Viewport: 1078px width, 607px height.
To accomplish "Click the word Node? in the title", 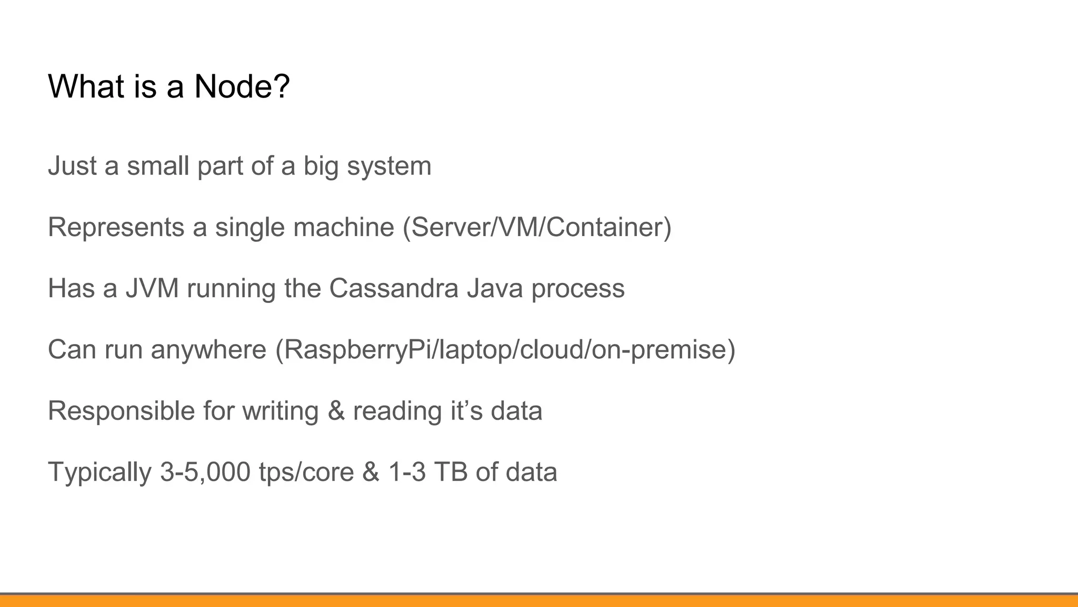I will click(x=242, y=86).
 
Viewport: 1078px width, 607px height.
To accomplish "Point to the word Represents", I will click(x=116, y=228).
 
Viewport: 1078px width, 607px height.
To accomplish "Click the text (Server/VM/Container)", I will click(x=537, y=228).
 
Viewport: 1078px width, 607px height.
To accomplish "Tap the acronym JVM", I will click(x=152, y=289).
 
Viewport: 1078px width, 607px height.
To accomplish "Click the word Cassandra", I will click(x=394, y=289).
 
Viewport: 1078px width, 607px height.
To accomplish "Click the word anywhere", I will click(x=208, y=350).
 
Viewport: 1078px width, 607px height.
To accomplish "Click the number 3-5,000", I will click(x=205, y=473).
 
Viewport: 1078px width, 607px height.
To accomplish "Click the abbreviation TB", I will click(x=451, y=472).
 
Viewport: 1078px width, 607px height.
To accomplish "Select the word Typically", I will click(x=99, y=473).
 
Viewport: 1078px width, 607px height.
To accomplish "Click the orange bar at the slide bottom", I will click(x=539, y=601).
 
